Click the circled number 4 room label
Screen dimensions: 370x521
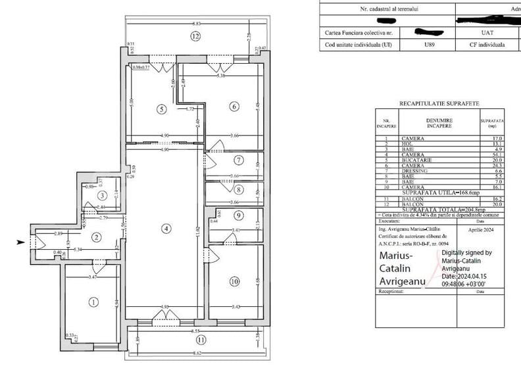tap(167, 228)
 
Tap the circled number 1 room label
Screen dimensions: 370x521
tap(93, 302)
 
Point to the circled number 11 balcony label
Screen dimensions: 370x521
tap(201, 340)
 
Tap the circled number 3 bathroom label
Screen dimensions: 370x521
tap(102, 195)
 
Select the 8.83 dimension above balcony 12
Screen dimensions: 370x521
tap(196, 23)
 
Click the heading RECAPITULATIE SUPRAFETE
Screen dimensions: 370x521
tap(439, 104)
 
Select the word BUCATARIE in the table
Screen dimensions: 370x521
tap(416, 159)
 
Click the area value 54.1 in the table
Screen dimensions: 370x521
tap(497, 154)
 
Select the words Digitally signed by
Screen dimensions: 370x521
tap(466, 252)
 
